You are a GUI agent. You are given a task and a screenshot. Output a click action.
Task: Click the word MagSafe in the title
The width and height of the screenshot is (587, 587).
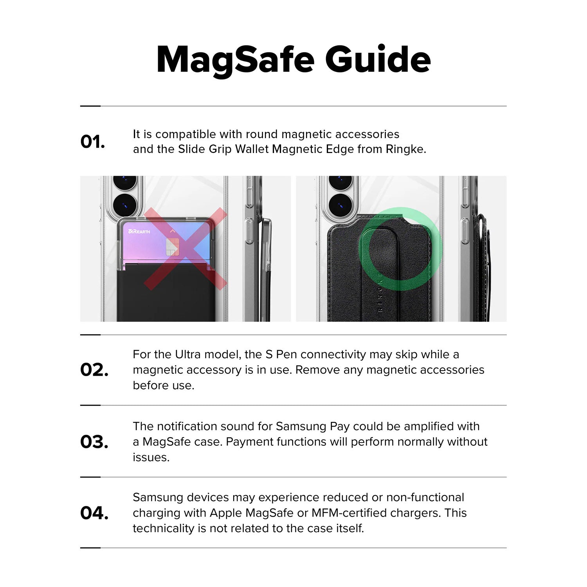(x=236, y=60)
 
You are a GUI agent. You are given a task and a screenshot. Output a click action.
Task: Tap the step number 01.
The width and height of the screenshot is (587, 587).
(x=93, y=142)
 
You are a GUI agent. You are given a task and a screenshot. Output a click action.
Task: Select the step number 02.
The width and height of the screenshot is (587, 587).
(x=94, y=370)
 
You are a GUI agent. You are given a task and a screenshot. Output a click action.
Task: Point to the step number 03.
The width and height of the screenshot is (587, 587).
(x=94, y=442)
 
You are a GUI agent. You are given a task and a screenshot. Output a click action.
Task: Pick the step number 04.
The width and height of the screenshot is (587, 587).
(x=94, y=513)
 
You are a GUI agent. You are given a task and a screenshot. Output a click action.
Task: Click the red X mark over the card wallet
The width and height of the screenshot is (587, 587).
(x=185, y=249)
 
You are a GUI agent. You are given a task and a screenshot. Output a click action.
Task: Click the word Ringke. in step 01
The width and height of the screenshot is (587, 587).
(x=406, y=149)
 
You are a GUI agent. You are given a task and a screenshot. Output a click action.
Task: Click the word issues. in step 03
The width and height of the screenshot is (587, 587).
(x=151, y=457)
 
